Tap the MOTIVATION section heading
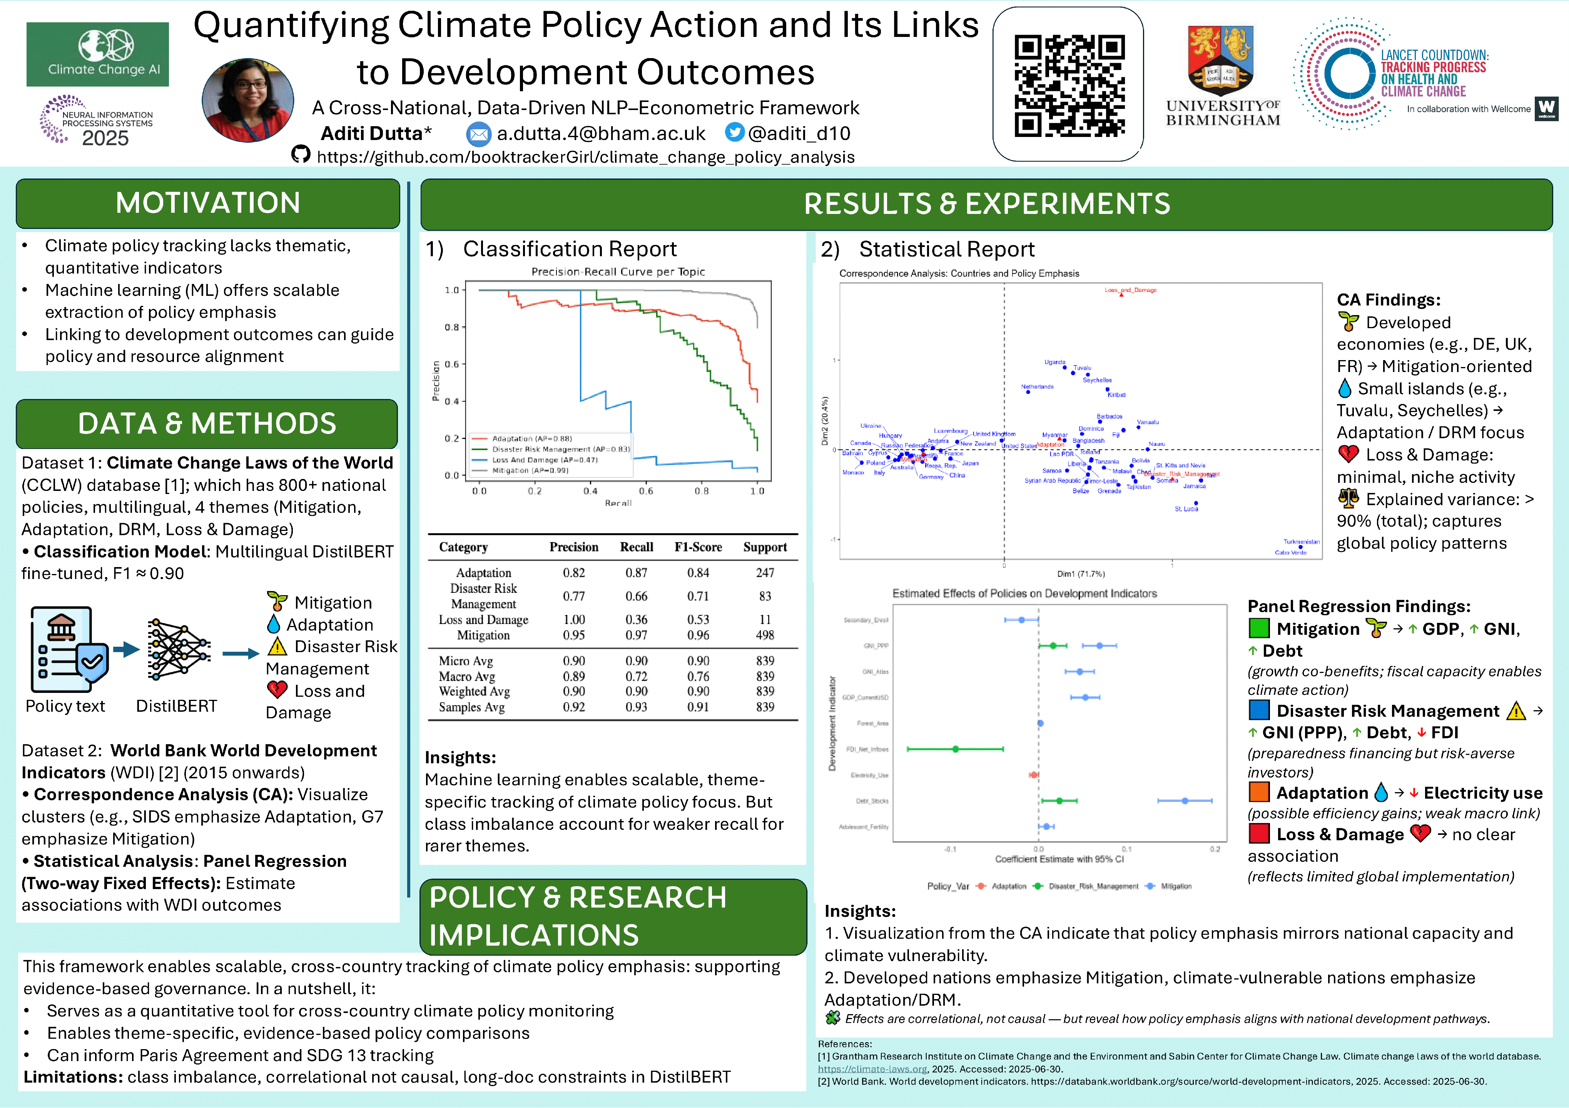tap(208, 203)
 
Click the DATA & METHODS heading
tap(207, 424)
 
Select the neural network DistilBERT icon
tap(178, 649)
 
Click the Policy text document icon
tap(68, 649)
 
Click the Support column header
tap(765, 547)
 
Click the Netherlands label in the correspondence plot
tap(1037, 387)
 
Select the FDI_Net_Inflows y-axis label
tap(867, 749)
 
